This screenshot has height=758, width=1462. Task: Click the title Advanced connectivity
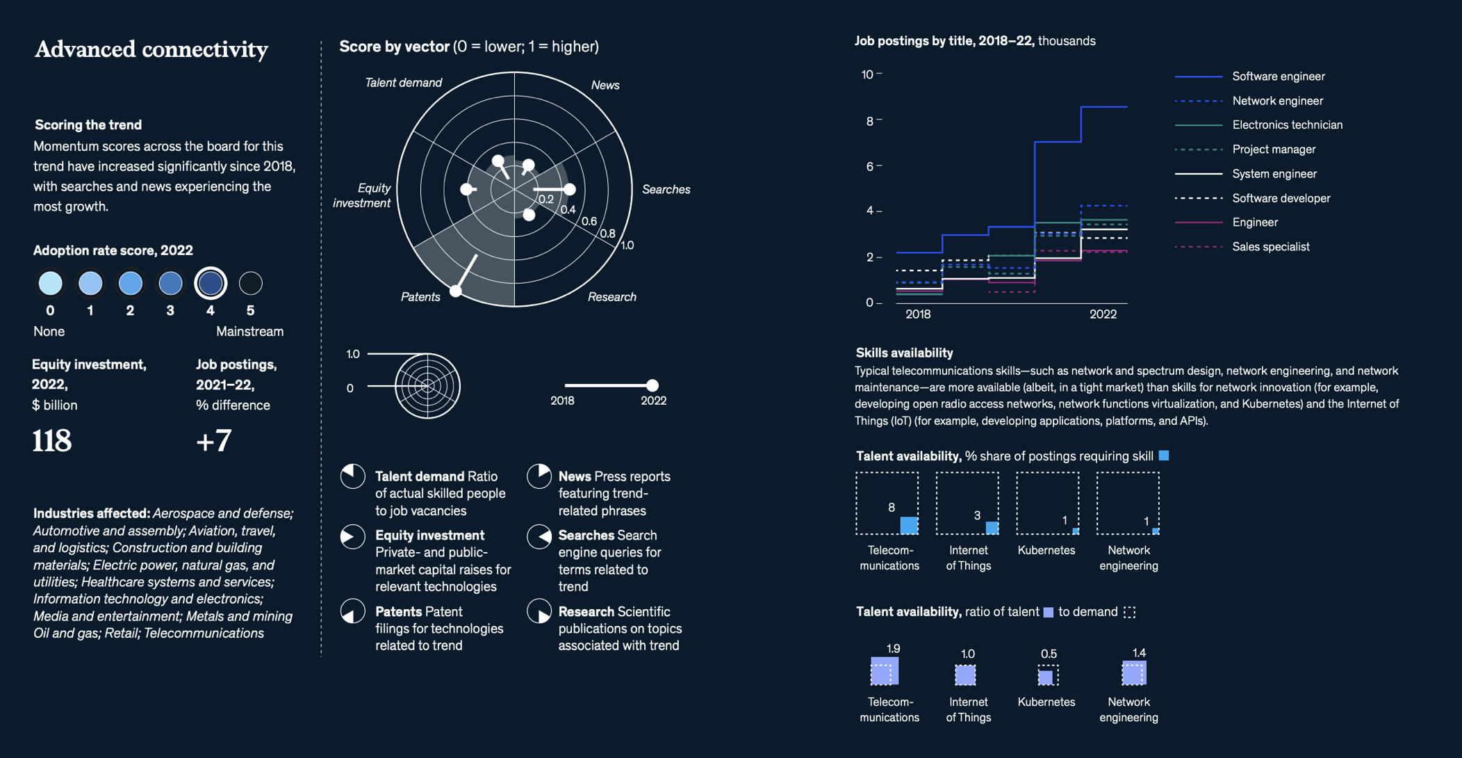[x=151, y=49]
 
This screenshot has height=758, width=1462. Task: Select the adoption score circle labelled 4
[x=211, y=283]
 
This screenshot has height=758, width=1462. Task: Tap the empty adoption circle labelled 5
[x=251, y=283]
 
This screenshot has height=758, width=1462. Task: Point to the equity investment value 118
[x=52, y=441]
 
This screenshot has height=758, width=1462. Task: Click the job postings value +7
[x=214, y=441]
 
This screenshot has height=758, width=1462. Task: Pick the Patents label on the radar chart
[x=420, y=297]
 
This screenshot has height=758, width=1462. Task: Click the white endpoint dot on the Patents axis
[x=456, y=291]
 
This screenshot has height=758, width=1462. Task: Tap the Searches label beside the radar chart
[x=666, y=189]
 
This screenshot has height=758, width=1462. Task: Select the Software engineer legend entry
[x=1278, y=76]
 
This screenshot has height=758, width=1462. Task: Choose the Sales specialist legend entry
[x=1270, y=247]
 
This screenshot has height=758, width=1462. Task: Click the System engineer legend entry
[x=1274, y=174]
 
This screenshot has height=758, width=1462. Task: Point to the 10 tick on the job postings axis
[x=867, y=74]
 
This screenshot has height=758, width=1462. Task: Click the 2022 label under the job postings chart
[x=1103, y=314]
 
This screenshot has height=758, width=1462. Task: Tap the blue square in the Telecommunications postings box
[x=909, y=525]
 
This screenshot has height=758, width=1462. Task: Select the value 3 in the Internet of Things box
[x=977, y=515]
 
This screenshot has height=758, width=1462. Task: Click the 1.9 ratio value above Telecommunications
[x=893, y=649]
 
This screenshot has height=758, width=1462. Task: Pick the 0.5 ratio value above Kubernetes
[x=1049, y=654]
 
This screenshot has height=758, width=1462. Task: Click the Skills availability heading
[x=904, y=353]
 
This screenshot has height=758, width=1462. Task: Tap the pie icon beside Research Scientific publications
[x=539, y=611]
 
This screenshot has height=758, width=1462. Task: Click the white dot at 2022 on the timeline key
[x=652, y=385]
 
